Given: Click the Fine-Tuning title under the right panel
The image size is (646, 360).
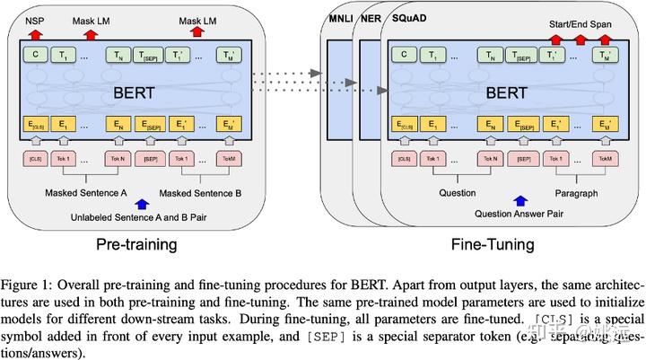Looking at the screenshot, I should pos(493,244).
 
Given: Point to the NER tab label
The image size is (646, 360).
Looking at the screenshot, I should pos(370,19).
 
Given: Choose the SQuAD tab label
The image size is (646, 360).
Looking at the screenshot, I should pos(406,19).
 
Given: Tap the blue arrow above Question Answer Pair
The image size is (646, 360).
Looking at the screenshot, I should pos(517,202).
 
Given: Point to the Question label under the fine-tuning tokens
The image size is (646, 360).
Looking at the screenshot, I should pos(457,192).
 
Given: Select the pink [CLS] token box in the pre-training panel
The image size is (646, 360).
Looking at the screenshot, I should pos(36,159).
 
